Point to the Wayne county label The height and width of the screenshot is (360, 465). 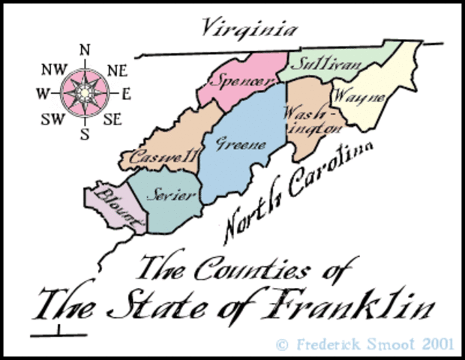359,97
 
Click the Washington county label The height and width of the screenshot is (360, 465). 308,120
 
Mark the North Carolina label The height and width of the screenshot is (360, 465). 296,191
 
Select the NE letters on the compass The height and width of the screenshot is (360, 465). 117,70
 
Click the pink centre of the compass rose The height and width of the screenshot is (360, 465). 85,93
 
